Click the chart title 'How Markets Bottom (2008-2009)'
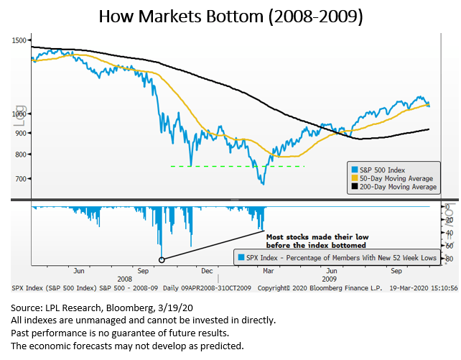[x=230, y=15]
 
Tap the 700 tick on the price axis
[x=22, y=178]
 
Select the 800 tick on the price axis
[x=22, y=154]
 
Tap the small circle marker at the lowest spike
[x=162, y=259]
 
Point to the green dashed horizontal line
[x=237, y=167]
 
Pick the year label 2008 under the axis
[x=125, y=277]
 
